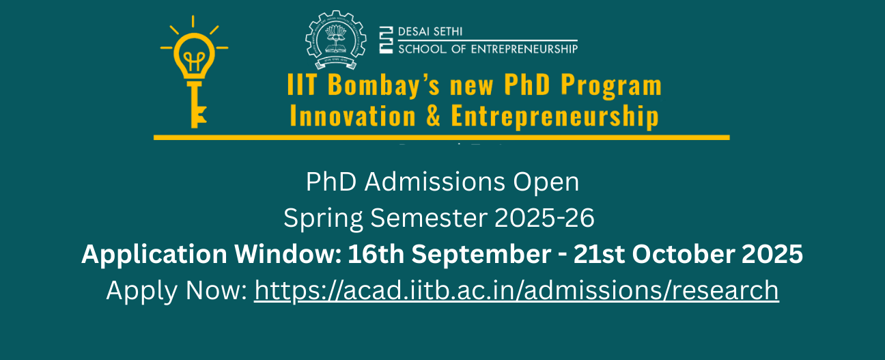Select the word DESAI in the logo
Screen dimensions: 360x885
tap(415, 32)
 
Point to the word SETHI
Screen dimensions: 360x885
tap(448, 32)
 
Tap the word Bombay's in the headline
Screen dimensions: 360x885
tap(384, 86)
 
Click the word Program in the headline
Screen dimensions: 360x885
tap(611, 87)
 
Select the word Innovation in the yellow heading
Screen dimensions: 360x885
tap(352, 116)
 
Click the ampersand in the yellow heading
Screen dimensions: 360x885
tap(433, 116)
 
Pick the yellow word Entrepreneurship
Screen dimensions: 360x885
tap(554, 116)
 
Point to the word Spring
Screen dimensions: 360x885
tap(324, 219)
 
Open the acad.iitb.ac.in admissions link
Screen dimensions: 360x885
tap(516, 290)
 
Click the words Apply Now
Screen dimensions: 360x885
tap(176, 290)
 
